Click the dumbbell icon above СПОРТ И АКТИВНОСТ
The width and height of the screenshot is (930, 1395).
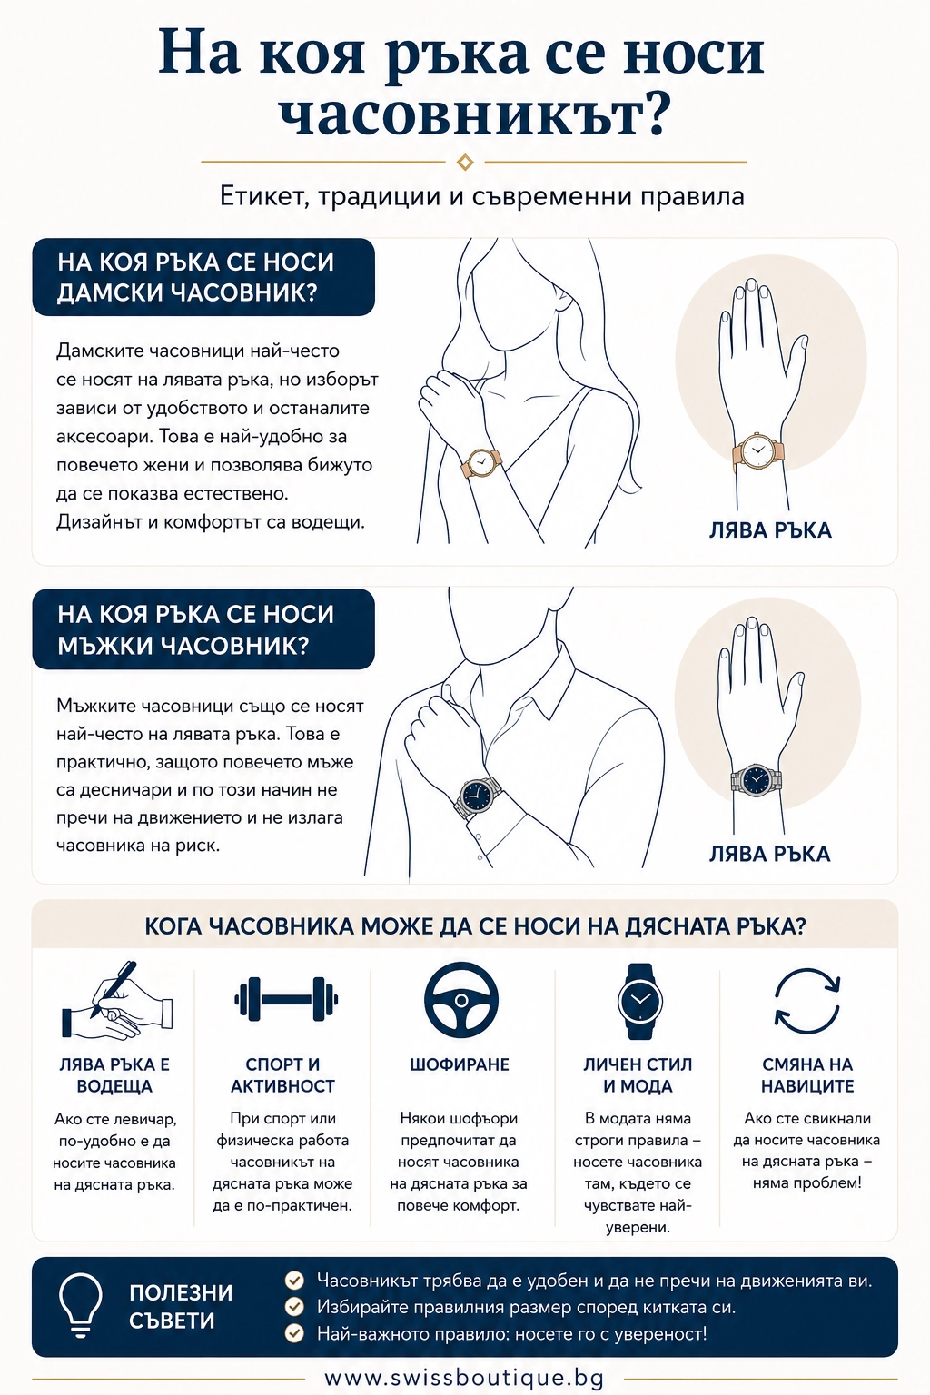click(286, 999)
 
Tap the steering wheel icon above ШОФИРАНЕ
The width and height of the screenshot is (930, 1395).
click(461, 1001)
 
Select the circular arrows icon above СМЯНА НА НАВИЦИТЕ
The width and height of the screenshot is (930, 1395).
click(807, 1000)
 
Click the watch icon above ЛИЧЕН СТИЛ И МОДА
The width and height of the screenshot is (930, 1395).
click(639, 1001)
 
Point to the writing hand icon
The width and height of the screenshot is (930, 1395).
click(116, 1000)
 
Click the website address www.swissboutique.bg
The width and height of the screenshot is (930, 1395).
click(464, 1378)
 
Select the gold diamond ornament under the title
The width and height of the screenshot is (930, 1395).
click(465, 162)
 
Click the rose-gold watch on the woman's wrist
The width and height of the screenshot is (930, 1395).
click(480, 462)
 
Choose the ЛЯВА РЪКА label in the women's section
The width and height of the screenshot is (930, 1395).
click(770, 530)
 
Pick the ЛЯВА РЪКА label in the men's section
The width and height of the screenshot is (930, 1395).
click(770, 854)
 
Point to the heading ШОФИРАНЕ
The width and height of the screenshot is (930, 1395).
click(460, 1064)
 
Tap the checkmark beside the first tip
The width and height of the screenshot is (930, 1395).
click(294, 1281)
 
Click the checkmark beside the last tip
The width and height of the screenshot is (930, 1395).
click(294, 1333)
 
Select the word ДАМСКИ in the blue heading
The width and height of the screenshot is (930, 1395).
click(110, 292)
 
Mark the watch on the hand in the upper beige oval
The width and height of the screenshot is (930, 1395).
click(757, 450)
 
